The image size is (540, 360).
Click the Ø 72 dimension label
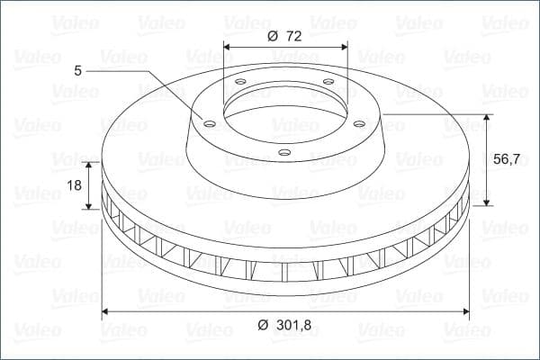pos(284,36)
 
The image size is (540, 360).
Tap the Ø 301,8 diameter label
pos(284,325)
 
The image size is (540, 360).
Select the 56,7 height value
pos(506,159)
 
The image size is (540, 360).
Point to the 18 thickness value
pos(74,185)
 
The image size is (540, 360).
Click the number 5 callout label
pos(77,70)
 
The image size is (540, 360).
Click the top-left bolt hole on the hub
pos(240,82)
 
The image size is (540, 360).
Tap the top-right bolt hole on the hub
pos(328,82)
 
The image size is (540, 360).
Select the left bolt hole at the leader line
pos(210,123)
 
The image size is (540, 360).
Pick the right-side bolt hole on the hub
pos(359,123)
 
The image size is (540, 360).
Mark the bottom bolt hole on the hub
pos(284,152)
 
